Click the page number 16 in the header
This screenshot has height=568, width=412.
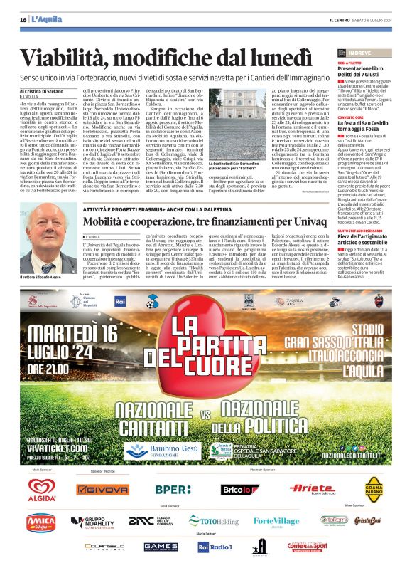pyautogui.click(x=23, y=19)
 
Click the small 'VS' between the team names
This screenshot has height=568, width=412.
pyautogui.click(x=204, y=415)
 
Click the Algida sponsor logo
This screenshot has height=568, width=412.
pyautogui.click(x=42, y=490)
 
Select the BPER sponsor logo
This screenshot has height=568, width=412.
pyautogui.click(x=173, y=490)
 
